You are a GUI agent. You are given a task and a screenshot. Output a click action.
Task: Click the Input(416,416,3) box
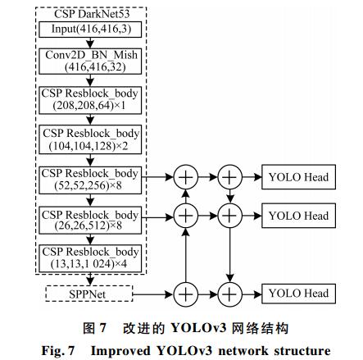[90, 30]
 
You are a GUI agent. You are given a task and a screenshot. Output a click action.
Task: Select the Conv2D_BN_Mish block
[90, 61]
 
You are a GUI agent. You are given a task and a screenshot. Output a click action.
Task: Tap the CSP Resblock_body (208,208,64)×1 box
[90, 100]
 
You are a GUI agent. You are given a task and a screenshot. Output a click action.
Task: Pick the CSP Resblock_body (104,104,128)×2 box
[90, 139]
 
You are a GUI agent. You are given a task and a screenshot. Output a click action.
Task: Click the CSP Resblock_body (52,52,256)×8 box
[90, 180]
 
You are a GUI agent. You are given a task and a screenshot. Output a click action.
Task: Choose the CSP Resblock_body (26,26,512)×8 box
[90, 220]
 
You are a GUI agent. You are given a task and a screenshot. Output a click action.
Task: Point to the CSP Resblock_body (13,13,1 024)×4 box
[90, 258]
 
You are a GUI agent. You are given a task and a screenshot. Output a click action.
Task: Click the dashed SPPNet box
[89, 294]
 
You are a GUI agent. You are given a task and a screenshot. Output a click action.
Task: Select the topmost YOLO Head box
[298, 177]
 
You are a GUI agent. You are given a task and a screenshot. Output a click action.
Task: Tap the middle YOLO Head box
[298, 216]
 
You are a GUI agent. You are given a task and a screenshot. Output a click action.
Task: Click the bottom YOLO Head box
[298, 294]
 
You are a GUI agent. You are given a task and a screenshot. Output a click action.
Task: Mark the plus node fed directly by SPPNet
[186, 294]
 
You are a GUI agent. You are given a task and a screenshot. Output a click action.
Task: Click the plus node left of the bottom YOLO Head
[229, 294]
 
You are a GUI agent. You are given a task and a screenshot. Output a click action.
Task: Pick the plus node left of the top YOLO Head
[229, 177]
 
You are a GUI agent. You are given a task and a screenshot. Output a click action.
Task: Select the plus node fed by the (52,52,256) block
[186, 177]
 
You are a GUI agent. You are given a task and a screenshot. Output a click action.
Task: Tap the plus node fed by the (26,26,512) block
[186, 216]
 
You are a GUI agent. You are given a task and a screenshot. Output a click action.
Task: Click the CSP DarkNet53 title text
[92, 14]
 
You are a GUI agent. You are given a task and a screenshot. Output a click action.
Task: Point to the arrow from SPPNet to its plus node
[153, 294]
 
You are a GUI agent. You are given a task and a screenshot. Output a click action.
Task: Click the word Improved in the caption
[120, 351]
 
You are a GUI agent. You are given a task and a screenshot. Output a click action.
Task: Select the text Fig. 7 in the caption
[58, 351]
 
